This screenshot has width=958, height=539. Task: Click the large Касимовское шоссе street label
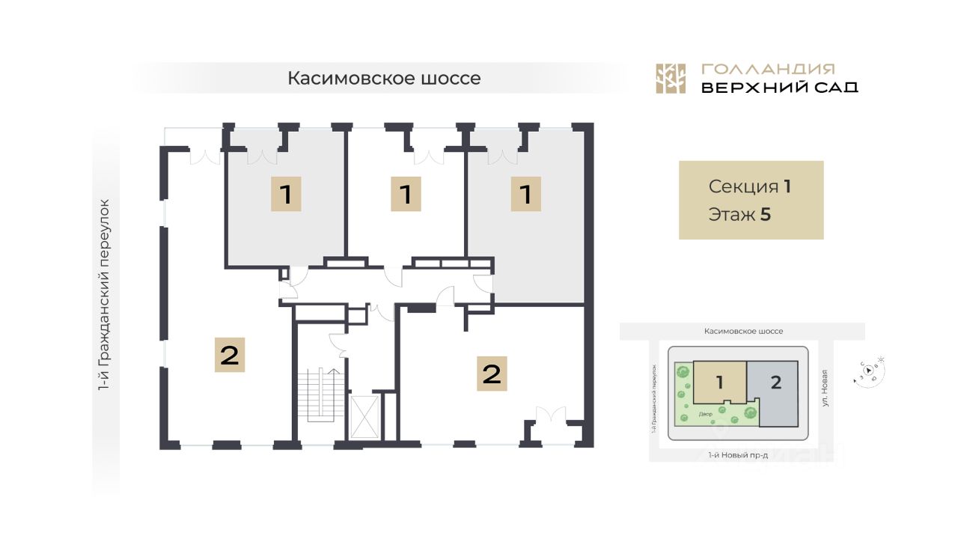(x=384, y=79)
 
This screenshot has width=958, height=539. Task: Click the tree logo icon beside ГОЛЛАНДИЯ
(x=671, y=79)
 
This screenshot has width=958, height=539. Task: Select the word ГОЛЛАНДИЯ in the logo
(x=769, y=69)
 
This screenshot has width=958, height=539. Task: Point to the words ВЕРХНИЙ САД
(x=779, y=88)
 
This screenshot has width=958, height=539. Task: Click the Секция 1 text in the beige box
(x=750, y=187)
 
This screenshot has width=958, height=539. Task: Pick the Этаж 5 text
(x=739, y=215)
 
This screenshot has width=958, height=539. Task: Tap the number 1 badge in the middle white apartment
(x=406, y=195)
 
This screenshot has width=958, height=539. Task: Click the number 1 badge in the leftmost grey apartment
(x=286, y=195)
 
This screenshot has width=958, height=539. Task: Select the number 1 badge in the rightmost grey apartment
(x=526, y=195)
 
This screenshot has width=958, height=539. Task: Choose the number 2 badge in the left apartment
(x=230, y=355)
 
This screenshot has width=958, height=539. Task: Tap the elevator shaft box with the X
(x=364, y=416)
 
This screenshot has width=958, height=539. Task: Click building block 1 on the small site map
(x=719, y=383)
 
